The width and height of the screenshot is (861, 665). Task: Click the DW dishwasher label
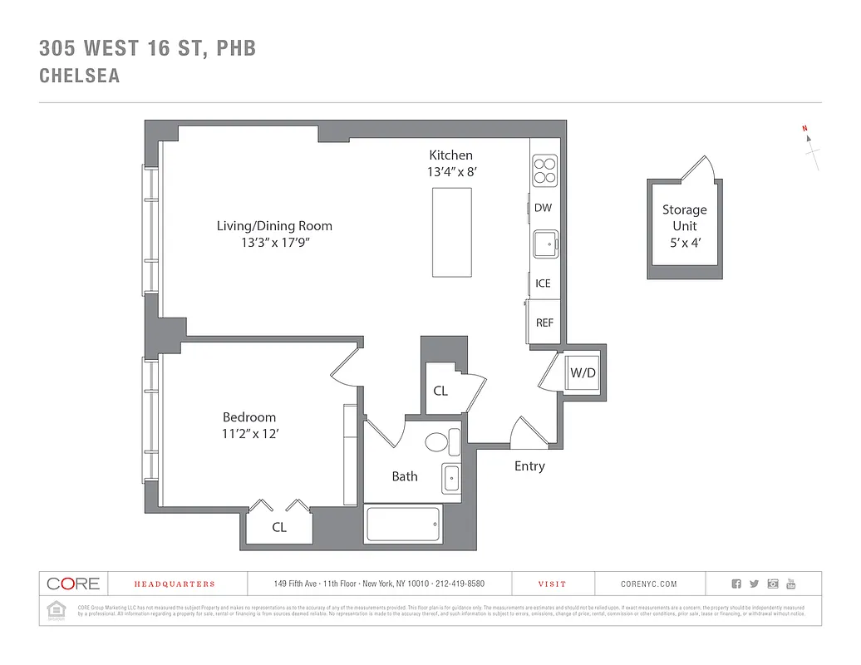click(543, 209)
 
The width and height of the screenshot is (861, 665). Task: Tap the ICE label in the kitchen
click(543, 283)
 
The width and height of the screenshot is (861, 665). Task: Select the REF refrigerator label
click(544, 323)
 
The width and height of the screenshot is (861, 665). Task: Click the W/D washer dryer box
click(583, 373)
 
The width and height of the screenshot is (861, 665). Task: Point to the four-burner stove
click(544, 170)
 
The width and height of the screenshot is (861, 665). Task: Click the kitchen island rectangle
click(451, 232)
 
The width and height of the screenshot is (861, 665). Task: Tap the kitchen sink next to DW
click(545, 244)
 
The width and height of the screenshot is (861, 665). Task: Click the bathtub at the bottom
click(404, 525)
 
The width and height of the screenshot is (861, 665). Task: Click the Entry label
click(529, 466)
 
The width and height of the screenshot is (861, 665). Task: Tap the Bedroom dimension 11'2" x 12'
click(249, 433)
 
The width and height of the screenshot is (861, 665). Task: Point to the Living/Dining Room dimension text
click(274, 243)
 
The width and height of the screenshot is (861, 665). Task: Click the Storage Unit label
click(684, 218)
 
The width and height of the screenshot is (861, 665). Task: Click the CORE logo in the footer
click(73, 584)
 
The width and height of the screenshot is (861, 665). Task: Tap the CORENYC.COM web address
click(648, 584)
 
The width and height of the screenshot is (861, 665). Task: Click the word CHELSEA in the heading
click(80, 76)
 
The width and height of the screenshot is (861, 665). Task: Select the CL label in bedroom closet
click(279, 527)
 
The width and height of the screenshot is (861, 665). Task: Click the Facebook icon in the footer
click(736, 584)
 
